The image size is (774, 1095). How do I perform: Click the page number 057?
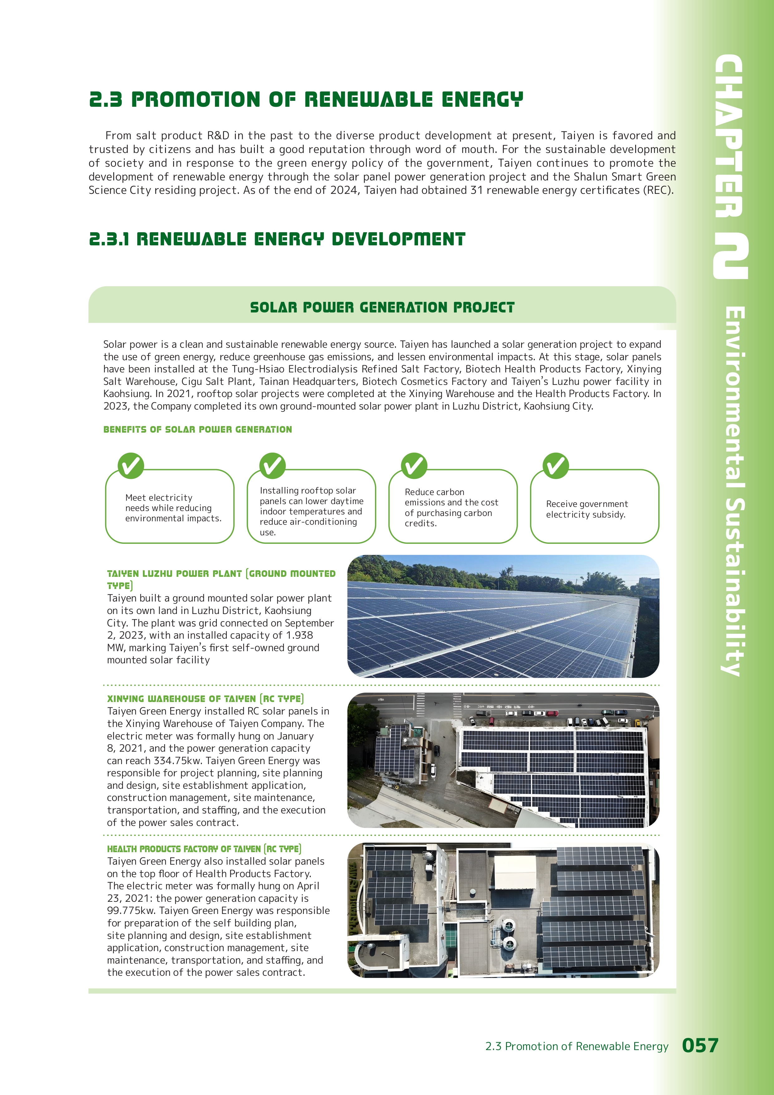pos(700,1045)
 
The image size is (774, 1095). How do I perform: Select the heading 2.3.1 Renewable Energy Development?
pos(277,239)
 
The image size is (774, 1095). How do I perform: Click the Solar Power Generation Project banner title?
pos(382,307)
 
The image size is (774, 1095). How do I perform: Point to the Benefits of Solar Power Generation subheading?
pos(197,429)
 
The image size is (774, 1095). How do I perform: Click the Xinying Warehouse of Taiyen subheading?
pos(205,699)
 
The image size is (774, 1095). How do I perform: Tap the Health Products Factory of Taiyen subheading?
pos(204,849)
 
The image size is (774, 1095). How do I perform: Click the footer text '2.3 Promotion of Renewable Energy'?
pos(577,1046)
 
